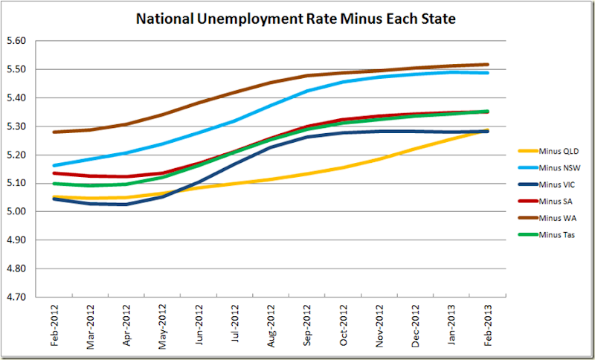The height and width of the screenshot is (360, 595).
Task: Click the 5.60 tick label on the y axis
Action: (16, 41)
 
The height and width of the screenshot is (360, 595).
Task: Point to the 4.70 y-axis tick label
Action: (16, 297)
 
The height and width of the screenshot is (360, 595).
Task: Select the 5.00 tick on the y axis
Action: (16, 211)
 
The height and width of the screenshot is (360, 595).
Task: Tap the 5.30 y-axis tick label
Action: (16, 126)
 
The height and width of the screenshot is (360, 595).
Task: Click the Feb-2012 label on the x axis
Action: (54, 326)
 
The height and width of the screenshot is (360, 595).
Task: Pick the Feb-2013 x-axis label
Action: (487, 326)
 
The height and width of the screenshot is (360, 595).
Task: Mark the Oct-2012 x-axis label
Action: (343, 326)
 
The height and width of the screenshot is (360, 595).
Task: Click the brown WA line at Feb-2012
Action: (54, 132)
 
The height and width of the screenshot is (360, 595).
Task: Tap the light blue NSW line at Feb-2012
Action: (54, 165)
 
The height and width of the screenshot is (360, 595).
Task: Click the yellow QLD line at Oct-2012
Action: (342, 167)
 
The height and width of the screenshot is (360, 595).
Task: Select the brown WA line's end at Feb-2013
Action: (487, 65)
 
